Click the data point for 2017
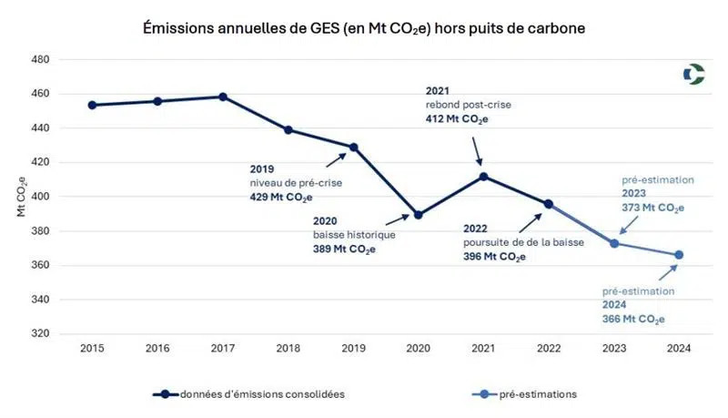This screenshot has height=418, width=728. [x=223, y=97]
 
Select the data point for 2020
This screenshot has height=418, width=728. [x=419, y=215]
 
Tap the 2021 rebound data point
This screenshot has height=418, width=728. [x=483, y=177]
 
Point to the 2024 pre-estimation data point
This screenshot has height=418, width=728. [x=679, y=255]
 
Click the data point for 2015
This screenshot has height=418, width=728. [x=92, y=105]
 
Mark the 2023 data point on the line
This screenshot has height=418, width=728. [x=614, y=243]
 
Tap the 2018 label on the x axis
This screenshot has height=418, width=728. [x=288, y=349]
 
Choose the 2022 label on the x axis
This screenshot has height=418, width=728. [x=548, y=349]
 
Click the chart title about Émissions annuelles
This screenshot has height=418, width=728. [x=364, y=28]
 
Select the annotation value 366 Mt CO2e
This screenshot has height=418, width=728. [x=632, y=320]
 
